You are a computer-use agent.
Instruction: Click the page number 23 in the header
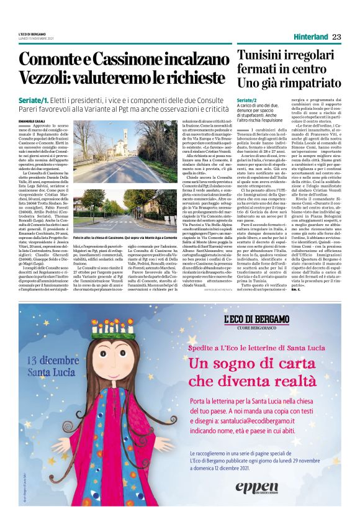click(x=336, y=37)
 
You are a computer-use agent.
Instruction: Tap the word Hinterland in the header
click(x=311, y=37)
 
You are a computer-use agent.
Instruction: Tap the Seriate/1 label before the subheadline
click(x=33, y=100)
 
